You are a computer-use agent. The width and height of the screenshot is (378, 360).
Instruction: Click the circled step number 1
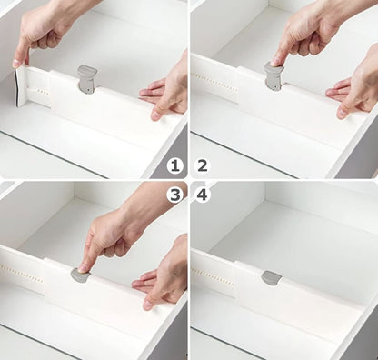(x=175, y=165)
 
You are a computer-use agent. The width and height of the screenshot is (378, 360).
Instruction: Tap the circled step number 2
(x=202, y=165)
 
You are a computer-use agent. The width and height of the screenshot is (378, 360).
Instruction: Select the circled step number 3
(x=175, y=194)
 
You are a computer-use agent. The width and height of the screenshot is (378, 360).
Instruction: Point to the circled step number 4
(x=202, y=194)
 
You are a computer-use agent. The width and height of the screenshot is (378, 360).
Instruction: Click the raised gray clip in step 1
(x=87, y=77)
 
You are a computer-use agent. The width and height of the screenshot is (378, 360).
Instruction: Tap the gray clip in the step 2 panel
(x=274, y=76)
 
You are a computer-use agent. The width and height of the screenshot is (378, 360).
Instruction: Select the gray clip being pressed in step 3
(x=81, y=275)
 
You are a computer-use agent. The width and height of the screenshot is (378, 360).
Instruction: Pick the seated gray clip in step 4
(x=271, y=277)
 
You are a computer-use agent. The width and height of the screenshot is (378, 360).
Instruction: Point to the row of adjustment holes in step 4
(x=213, y=270)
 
